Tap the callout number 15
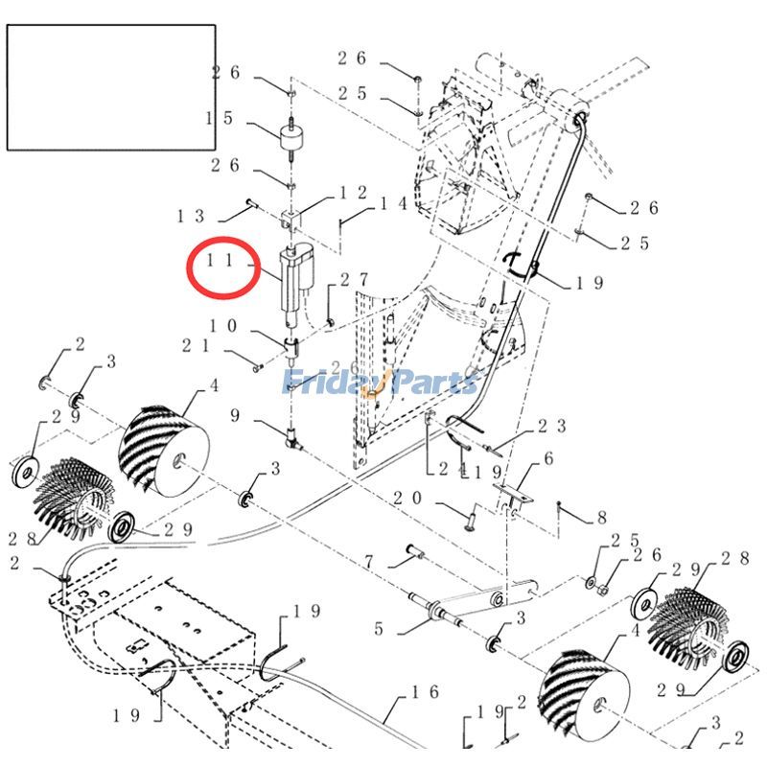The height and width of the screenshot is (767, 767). pos(220,118)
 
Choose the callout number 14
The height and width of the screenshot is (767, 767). pos(395,204)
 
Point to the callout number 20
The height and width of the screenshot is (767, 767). pos(408,499)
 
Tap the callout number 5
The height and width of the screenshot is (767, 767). pos(379,630)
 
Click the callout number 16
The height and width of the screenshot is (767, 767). pos(426,691)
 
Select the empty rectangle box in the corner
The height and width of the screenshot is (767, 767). pos(111,87)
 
